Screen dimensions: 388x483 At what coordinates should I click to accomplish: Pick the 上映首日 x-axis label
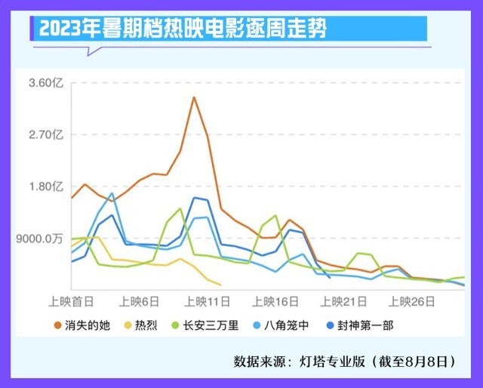(x=72, y=301)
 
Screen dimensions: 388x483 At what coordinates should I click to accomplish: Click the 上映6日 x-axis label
(x=140, y=301)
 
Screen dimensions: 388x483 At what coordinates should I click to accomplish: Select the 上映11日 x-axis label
(x=208, y=301)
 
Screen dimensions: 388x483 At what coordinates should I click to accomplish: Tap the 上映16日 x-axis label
(x=276, y=301)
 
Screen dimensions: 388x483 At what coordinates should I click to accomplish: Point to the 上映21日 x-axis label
(x=344, y=301)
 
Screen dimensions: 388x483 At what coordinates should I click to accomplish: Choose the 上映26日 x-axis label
(x=412, y=301)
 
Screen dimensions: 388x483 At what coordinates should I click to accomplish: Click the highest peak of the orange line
(x=194, y=97)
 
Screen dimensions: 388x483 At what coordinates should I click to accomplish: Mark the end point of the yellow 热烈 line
(x=220, y=285)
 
